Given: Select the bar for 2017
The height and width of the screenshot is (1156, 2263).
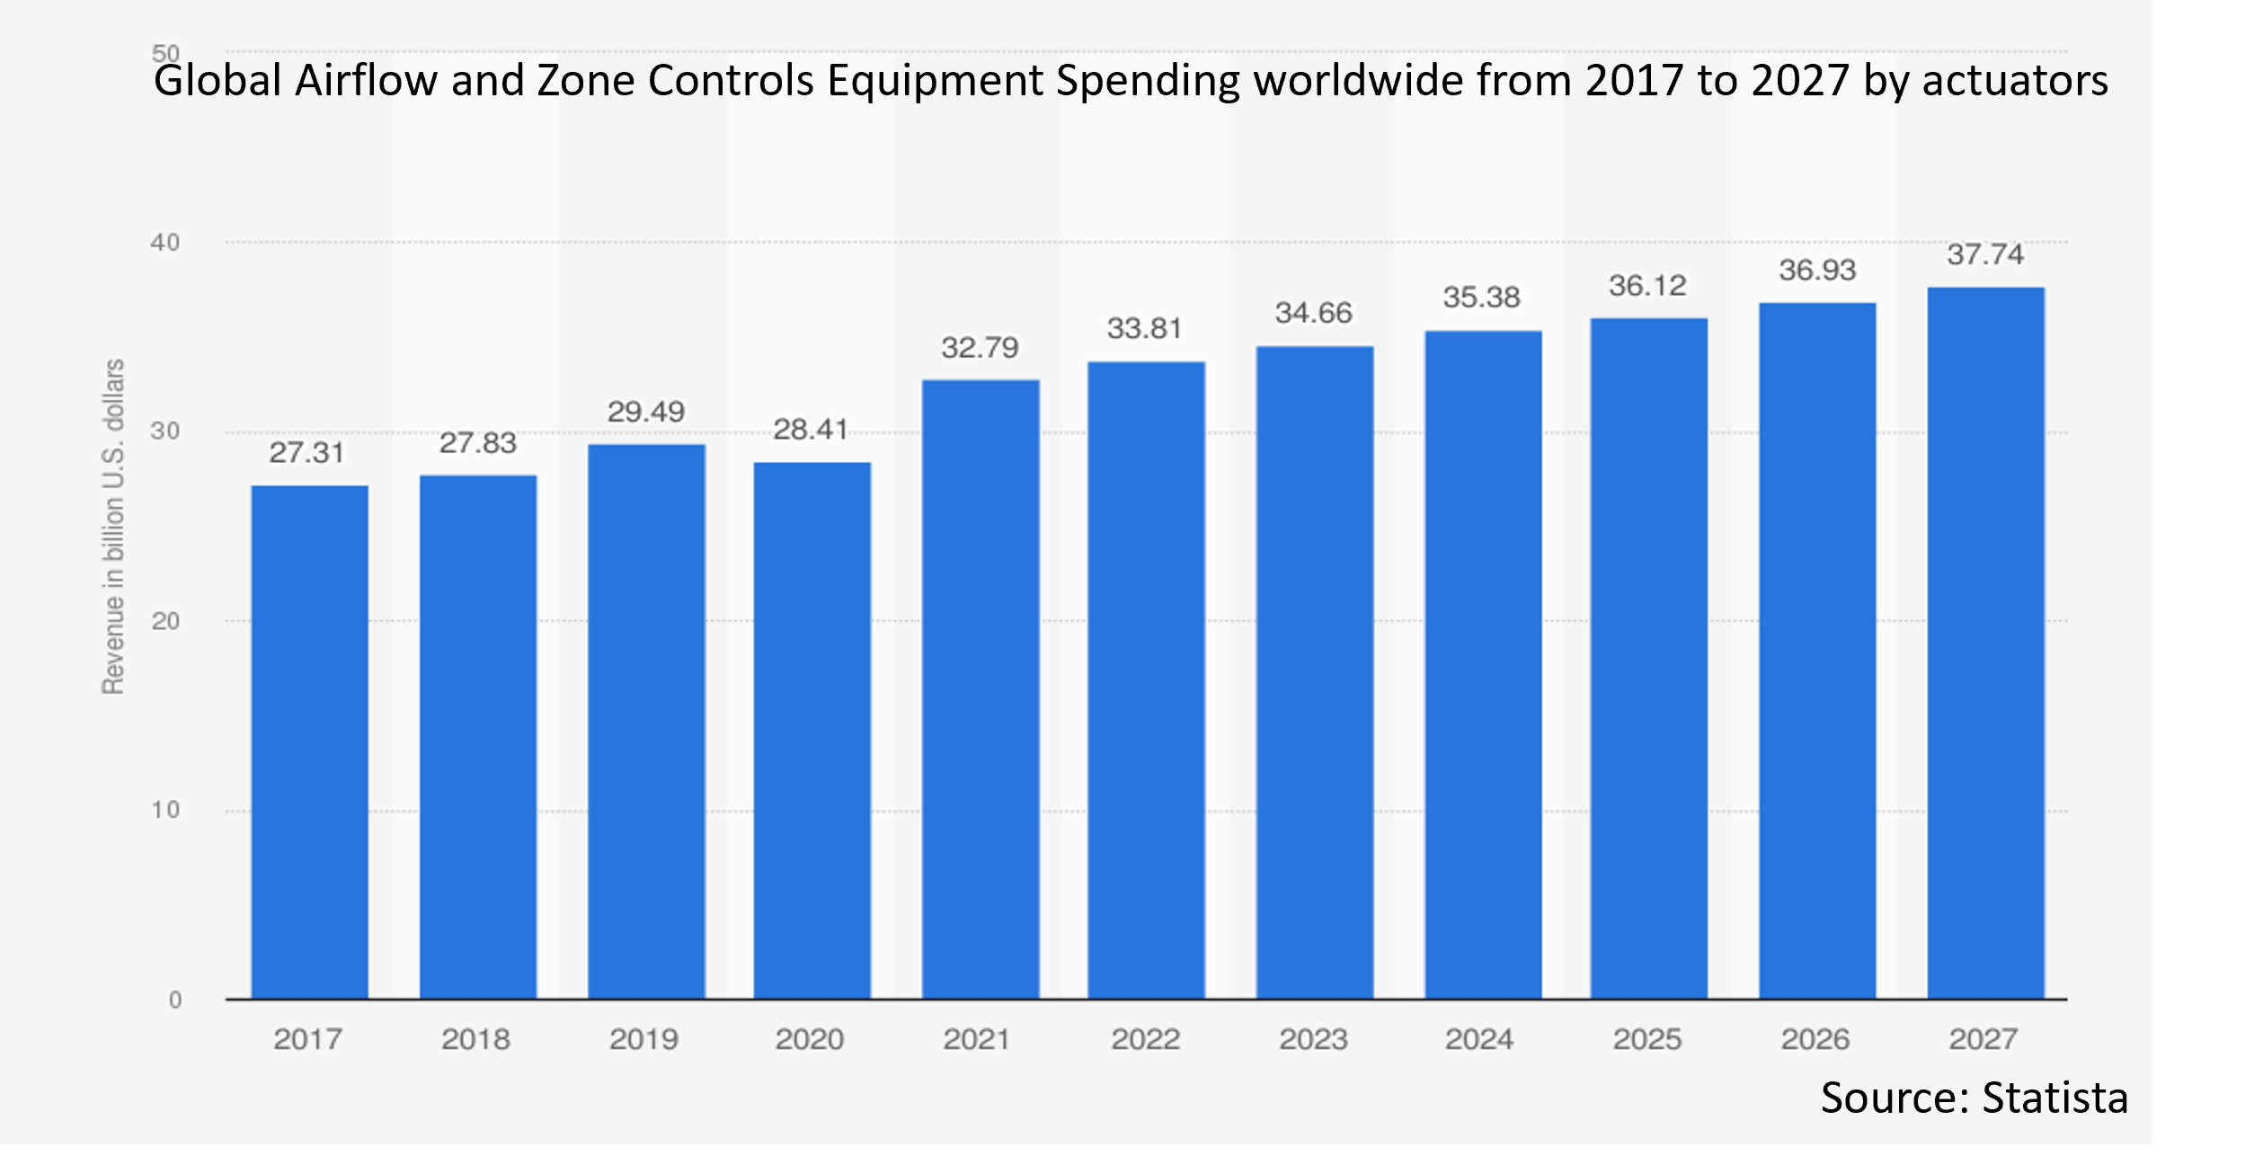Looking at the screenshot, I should coord(309,742).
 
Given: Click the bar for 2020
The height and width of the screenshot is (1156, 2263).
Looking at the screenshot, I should coord(812,730).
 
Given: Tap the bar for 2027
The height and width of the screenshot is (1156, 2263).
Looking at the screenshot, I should coord(1985,643).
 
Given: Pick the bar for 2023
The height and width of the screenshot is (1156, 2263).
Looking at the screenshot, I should coord(1314,672).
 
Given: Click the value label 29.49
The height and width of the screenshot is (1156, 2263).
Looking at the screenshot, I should coord(645,412).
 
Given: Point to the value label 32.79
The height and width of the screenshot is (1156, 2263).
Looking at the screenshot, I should coord(980,348).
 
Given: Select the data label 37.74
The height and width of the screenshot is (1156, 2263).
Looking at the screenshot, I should coord(1985,254).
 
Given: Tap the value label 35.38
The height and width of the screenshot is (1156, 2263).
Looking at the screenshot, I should coord(1481,298).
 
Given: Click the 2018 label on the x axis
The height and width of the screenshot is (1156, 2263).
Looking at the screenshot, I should coord(475,1040).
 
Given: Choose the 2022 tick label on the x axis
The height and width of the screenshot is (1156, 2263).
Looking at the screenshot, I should coord(1145,1040).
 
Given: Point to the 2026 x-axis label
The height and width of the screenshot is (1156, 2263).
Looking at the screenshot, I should coord(1815,1040).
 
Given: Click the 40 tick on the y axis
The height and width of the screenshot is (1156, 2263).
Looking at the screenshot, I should coord(165,243).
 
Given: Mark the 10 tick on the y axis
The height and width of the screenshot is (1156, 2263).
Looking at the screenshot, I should coord(165,811).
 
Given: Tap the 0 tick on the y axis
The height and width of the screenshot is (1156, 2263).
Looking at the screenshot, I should coord(175,1000).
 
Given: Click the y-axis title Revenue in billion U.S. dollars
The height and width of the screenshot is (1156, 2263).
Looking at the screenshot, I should coord(113,527).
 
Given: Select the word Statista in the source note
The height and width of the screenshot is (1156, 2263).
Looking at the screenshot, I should coord(2054,1098).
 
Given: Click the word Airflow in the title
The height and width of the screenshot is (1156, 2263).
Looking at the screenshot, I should coord(367,81).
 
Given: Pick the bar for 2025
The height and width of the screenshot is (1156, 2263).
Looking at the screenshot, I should coord(1648,659).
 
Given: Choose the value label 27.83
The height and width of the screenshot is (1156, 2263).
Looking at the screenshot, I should coord(477,443).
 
